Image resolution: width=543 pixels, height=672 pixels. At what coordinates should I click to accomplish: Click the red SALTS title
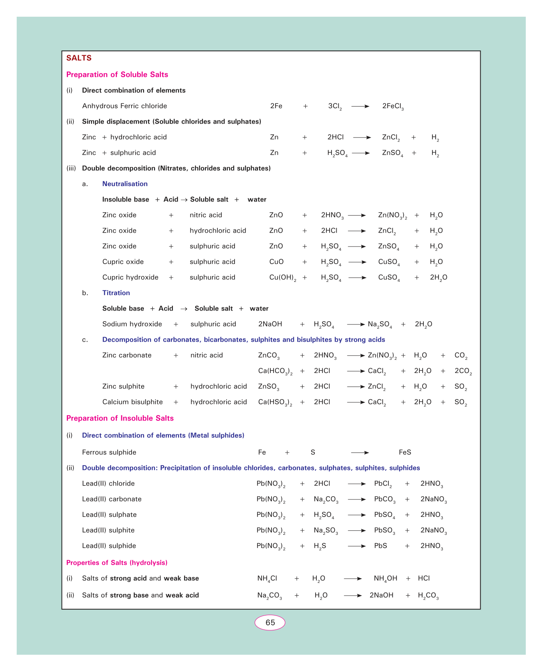79,58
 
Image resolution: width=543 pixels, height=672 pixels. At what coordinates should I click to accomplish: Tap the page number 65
270,623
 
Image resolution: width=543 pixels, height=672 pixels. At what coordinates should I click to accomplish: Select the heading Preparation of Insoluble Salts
120,418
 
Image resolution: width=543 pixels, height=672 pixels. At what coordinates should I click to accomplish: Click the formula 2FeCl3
393,106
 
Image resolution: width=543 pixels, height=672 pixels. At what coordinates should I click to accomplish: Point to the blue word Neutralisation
125,184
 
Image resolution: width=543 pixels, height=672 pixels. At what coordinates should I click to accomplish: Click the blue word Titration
116,293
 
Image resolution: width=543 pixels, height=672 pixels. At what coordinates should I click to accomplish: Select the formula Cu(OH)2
283,278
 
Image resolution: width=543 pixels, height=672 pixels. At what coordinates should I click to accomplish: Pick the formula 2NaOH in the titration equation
270,324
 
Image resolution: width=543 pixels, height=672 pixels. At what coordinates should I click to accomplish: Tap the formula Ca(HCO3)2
275,371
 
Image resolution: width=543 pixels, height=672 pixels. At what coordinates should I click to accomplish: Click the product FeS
405,453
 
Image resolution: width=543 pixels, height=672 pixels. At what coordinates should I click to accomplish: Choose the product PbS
380,546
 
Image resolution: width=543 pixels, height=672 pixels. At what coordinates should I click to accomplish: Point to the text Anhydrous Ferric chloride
124,106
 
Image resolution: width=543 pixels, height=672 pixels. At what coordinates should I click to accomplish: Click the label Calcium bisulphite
132,402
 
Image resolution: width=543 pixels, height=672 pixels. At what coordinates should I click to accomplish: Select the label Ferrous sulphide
109,453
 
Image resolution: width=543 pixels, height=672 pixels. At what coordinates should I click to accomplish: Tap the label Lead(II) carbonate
112,499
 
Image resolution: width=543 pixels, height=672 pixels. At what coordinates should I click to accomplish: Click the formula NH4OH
385,579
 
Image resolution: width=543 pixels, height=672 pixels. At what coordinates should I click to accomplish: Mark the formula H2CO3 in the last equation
428,596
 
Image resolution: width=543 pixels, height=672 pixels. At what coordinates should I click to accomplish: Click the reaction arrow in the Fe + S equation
360,453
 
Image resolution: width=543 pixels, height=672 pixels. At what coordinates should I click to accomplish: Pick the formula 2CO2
463,371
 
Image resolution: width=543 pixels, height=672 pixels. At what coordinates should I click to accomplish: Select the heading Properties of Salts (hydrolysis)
116,563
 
